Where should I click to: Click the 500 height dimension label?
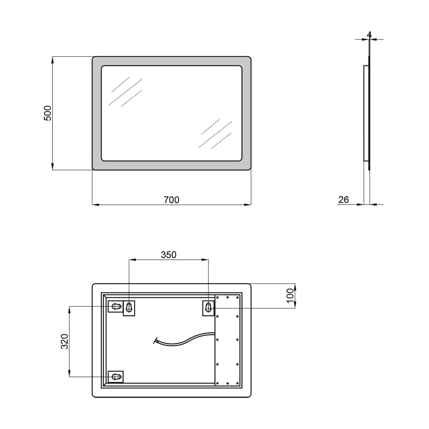48,113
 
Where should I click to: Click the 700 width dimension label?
172,200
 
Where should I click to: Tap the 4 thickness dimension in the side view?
369,35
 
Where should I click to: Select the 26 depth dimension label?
344,200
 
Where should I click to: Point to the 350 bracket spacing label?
169,255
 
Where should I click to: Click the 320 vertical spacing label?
65,341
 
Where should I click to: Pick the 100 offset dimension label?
290,296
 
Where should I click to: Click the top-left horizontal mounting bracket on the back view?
116,306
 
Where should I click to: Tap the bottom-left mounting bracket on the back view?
116,377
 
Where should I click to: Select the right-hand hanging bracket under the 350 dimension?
208,308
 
